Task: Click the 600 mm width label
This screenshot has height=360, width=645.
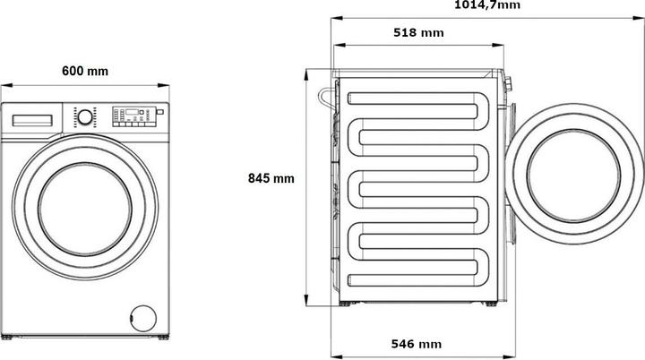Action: pos(85,71)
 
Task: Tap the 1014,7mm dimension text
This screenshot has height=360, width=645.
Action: pos(486,5)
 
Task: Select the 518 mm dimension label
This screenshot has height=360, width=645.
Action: pos(418,33)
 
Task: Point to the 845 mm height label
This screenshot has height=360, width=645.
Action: pos(271,178)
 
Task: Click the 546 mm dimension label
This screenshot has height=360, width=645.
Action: pos(417,344)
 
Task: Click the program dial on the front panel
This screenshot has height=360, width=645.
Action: pos(83,116)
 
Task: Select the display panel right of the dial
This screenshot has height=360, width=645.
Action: pos(131,114)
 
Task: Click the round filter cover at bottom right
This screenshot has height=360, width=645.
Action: pos(140,316)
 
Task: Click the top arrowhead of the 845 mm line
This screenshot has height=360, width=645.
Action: pos(308,73)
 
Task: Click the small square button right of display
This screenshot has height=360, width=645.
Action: pos(159,114)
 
